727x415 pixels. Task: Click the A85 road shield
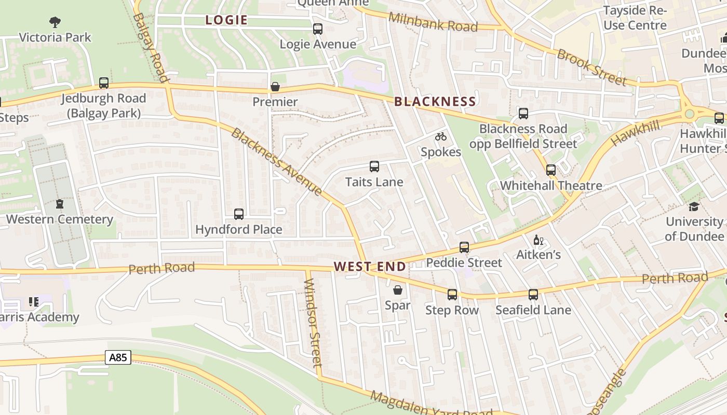pos(118,357)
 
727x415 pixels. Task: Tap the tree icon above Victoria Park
pos(55,22)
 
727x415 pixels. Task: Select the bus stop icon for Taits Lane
pos(374,167)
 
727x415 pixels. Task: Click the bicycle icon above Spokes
pos(441,136)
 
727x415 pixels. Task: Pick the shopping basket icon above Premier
pos(275,87)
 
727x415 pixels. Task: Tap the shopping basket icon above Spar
pos(398,290)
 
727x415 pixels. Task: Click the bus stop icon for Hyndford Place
pos(239,214)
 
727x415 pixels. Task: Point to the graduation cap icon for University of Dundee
pos(694,206)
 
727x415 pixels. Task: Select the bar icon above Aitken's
pos(538,240)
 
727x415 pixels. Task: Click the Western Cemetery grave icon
pos(59,204)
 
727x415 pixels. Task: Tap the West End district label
pos(370,267)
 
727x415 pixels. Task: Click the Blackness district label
pos(435,101)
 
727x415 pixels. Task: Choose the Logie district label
pos(226,20)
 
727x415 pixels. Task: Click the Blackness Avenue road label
pos(276,161)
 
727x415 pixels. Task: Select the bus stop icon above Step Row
pos(452,295)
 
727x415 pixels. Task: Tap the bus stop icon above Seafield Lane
pos(533,295)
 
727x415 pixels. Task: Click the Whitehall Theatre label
pos(551,185)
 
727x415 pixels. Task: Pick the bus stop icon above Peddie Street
pos(464,247)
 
